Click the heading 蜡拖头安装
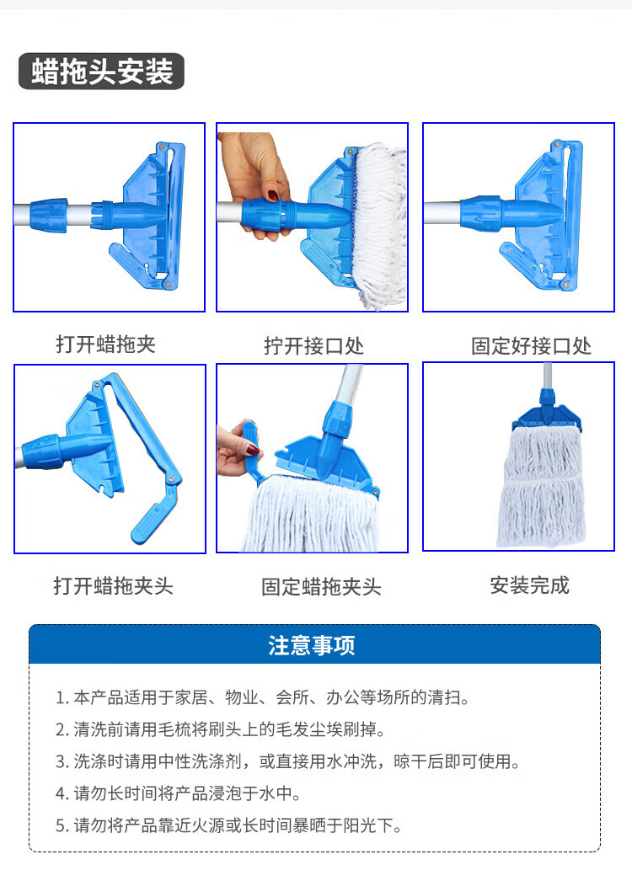click(x=102, y=72)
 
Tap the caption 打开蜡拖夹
click(x=105, y=344)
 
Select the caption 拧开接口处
click(x=314, y=345)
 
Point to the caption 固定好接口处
click(x=532, y=345)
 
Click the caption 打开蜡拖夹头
click(x=113, y=585)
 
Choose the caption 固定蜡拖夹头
click(x=321, y=586)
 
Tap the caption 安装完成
click(x=530, y=585)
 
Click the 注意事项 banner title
click(x=312, y=645)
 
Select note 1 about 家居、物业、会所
click(x=262, y=697)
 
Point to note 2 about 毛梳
click(x=221, y=729)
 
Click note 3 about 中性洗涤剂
click(x=287, y=761)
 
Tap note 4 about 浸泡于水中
click(x=179, y=793)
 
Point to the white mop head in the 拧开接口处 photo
click(x=380, y=225)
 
